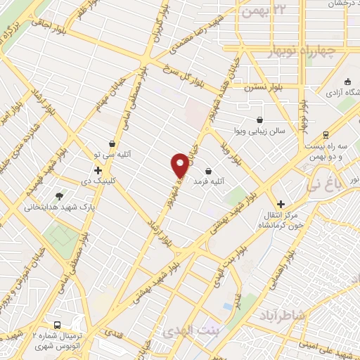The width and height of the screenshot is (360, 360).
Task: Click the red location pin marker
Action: (x=180, y=165)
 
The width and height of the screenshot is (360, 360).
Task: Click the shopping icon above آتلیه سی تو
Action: (x=112, y=143)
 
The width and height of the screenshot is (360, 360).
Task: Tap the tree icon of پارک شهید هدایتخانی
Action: (x=59, y=197)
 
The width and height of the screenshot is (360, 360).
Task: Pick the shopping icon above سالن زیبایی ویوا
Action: (x=260, y=120)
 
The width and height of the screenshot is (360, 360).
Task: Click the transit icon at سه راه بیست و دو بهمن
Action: (x=326, y=135)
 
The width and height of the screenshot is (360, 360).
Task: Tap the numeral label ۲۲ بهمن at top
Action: (x=264, y=11)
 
